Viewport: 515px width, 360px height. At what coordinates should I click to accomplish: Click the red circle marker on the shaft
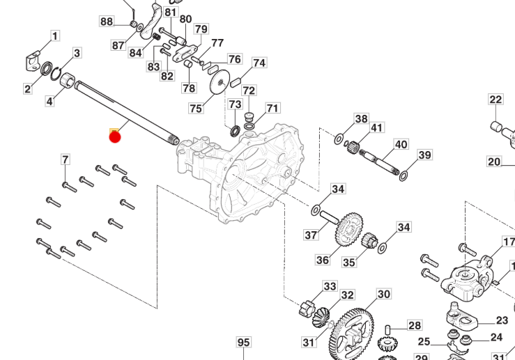pos(115,136)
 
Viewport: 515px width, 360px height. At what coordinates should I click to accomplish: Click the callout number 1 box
pos(54,36)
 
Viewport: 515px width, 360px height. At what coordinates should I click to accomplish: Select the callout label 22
pos(495,100)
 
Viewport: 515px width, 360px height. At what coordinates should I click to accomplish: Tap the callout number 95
pos(243,343)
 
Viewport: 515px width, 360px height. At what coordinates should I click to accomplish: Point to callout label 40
pos(401,145)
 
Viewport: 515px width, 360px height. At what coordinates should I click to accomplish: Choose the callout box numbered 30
pos(384,295)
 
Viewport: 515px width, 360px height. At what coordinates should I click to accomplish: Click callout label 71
pos(272,109)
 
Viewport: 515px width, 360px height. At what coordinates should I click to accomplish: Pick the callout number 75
pos(196,108)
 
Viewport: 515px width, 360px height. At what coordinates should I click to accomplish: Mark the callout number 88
pos(106,22)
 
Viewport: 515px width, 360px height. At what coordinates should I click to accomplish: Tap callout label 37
pos(311,235)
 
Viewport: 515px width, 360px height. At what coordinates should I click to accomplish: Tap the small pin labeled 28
pos(389,329)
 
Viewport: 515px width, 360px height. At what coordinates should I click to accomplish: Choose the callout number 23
pos(502,321)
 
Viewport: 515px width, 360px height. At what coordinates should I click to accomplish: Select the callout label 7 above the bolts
pos(66,160)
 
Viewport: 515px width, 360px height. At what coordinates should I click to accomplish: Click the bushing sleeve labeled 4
pos(67,82)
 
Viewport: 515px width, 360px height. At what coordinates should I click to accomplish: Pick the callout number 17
pos(509,242)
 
